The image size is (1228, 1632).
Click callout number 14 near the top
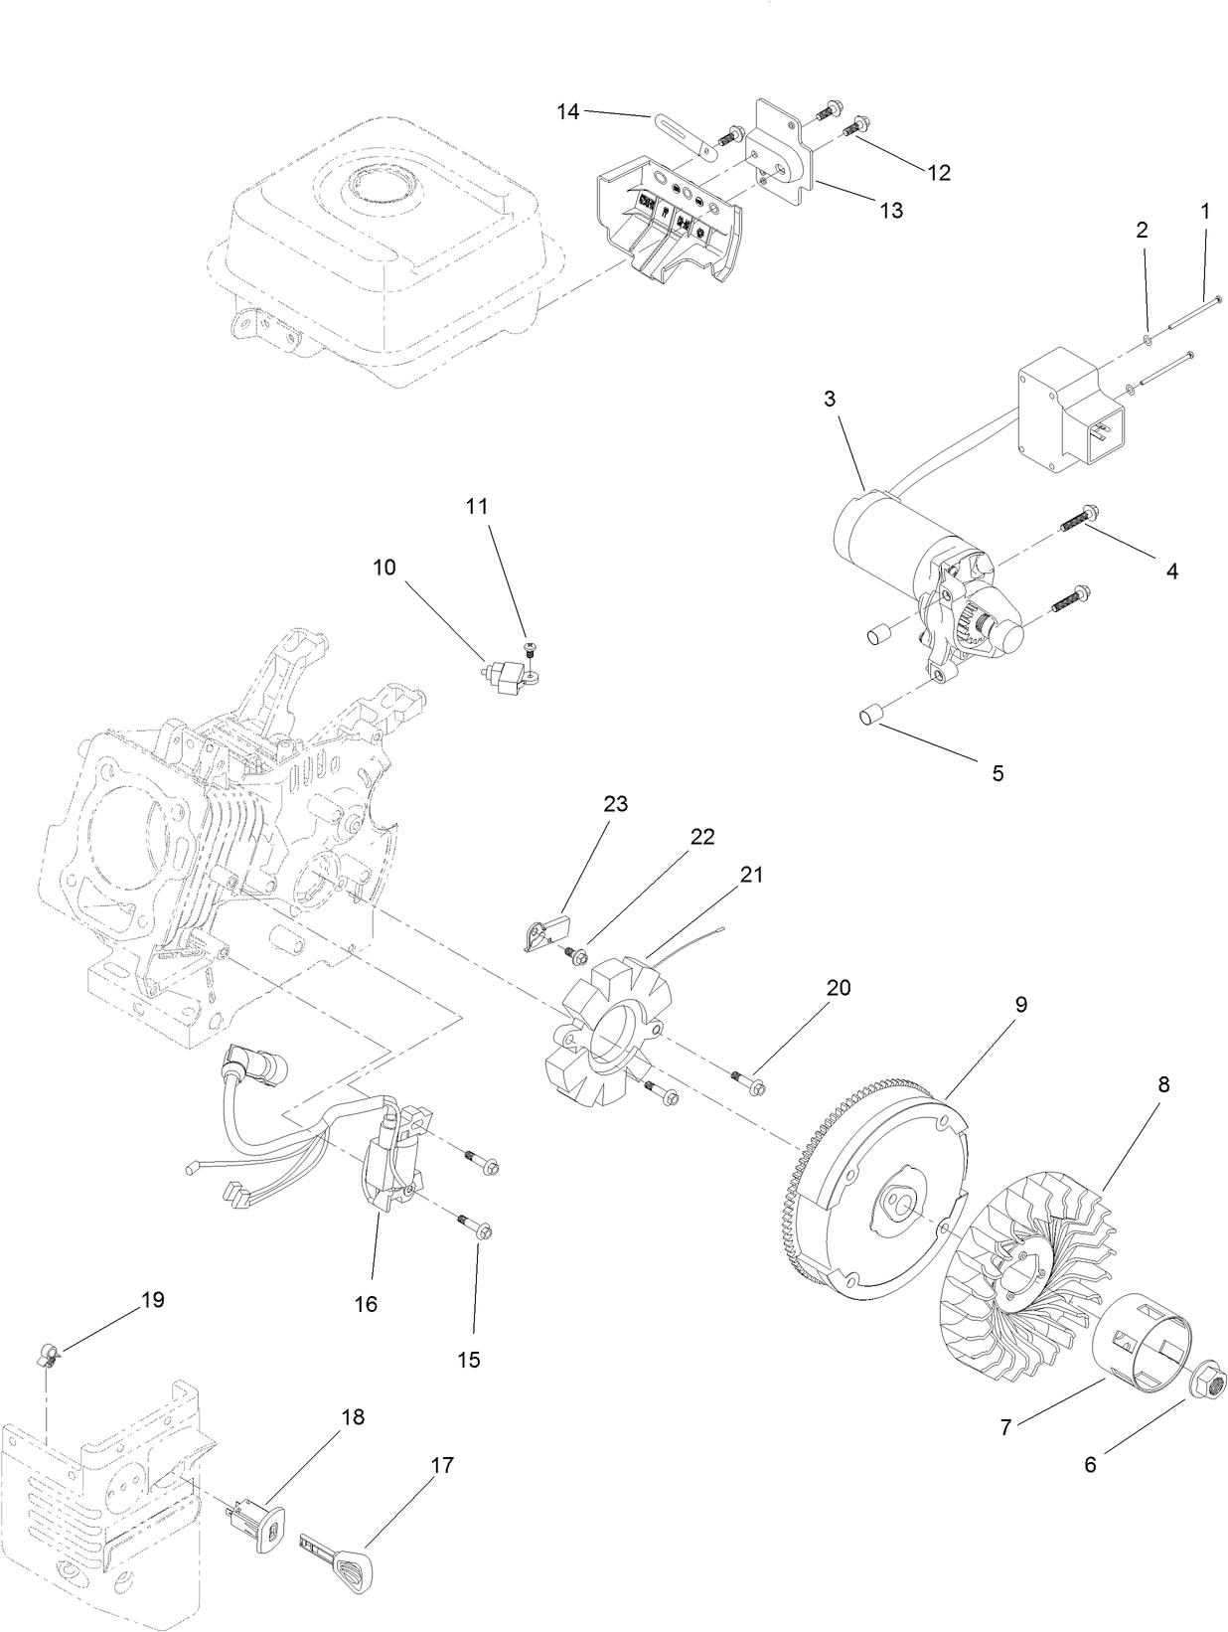point(567,111)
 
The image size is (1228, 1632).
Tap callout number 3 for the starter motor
point(829,399)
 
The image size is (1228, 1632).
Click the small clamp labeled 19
point(47,1353)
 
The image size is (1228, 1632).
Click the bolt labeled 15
point(480,1230)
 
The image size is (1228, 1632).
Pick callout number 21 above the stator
point(750,874)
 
